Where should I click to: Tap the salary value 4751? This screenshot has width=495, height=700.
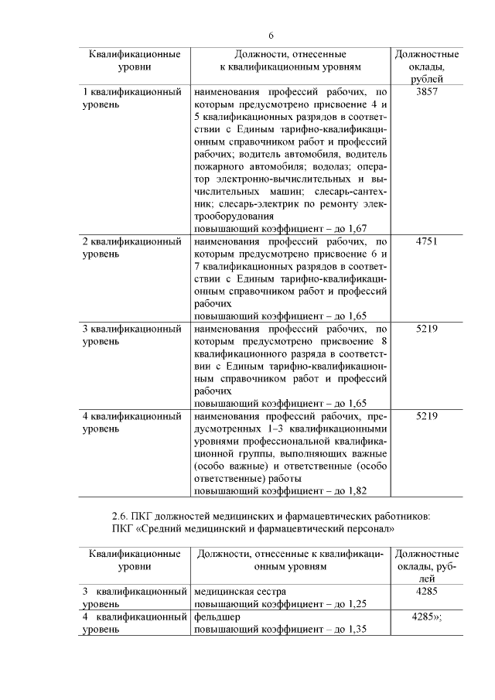[x=427, y=242]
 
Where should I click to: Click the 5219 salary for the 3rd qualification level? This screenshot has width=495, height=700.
[x=427, y=329]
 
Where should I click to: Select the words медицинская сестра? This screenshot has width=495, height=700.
[x=237, y=592]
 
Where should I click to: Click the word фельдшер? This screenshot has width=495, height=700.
[x=215, y=617]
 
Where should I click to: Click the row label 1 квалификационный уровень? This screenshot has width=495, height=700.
[x=131, y=98]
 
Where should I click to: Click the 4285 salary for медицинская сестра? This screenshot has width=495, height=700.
[x=427, y=592]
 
